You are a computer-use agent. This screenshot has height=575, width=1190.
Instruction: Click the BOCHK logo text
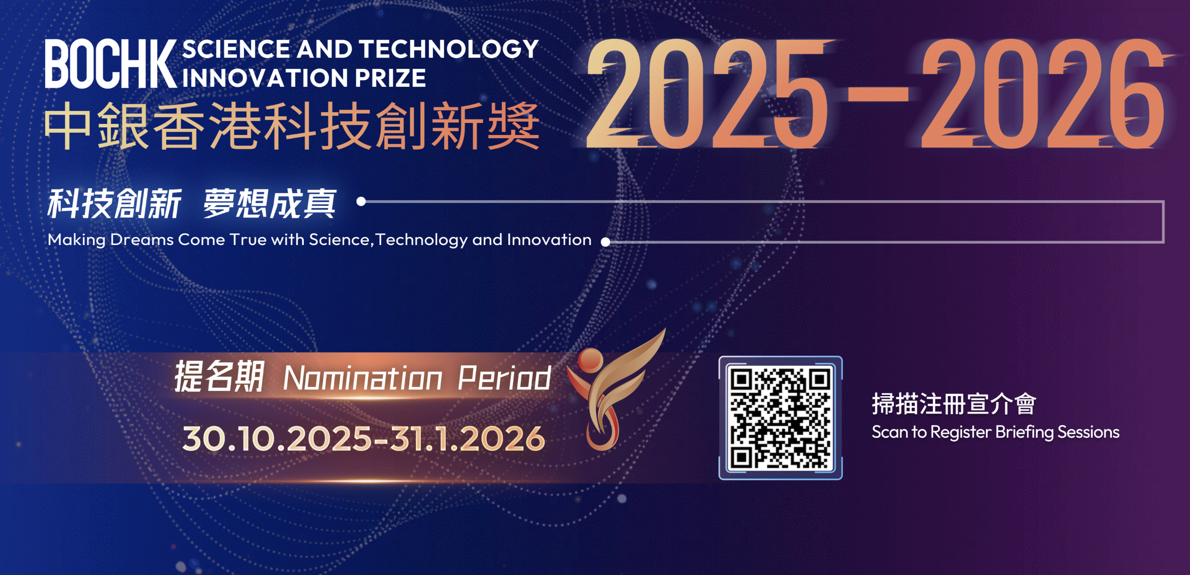tap(111, 64)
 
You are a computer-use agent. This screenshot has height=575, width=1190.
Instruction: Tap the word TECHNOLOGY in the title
tap(449, 49)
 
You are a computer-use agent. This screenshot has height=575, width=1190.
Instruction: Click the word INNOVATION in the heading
tap(266, 78)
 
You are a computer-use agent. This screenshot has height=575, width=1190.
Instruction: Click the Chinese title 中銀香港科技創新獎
tap(292, 126)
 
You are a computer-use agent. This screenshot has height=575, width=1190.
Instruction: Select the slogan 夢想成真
tap(269, 203)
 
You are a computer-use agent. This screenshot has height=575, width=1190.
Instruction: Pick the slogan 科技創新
tap(114, 203)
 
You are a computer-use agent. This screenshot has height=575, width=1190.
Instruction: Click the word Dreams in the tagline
tap(142, 239)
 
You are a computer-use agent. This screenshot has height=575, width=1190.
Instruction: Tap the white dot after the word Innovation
tap(606, 241)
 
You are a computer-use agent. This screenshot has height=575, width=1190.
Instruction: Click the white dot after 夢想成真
tap(361, 201)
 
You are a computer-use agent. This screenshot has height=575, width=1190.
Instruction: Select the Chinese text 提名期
tap(218, 377)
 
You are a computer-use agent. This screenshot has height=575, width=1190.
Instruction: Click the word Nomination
tap(363, 379)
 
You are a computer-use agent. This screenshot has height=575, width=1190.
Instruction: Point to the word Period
tap(504, 378)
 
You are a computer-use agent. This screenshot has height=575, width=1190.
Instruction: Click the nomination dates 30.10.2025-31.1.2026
tap(364, 438)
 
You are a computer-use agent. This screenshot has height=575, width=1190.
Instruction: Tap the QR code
tap(780, 418)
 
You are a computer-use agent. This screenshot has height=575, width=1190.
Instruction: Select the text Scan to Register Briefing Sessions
tap(996, 432)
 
